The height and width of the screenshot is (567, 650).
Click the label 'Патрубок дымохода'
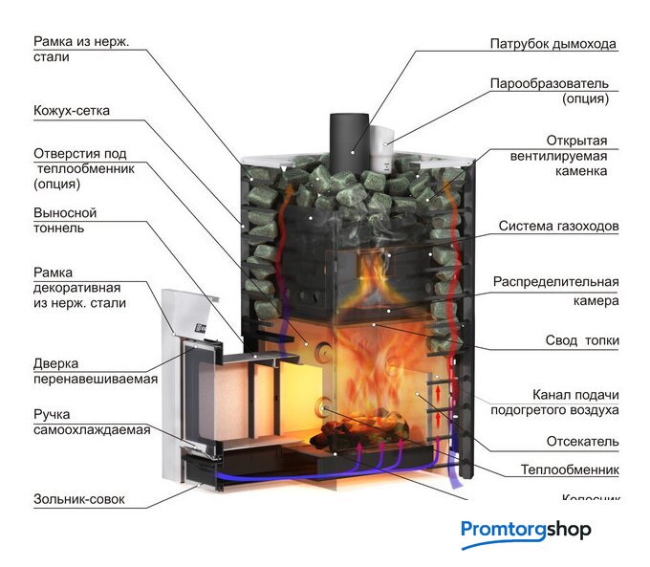tap(552, 44)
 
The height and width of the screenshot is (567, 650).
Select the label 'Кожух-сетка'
tap(72, 111)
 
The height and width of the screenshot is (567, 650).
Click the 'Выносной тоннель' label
tap(65, 220)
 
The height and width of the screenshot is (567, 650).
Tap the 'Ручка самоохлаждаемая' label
tap(91, 423)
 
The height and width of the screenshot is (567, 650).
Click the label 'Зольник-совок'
tap(78, 500)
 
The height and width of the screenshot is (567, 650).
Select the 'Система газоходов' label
tap(558, 227)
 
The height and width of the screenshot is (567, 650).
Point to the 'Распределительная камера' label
tap(555, 291)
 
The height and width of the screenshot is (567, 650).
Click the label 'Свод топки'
tap(581, 340)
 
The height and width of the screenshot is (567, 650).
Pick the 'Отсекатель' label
tap(582, 441)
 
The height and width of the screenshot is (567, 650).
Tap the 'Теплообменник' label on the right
tap(570, 469)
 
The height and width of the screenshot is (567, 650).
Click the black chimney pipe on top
tap(344, 139)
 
